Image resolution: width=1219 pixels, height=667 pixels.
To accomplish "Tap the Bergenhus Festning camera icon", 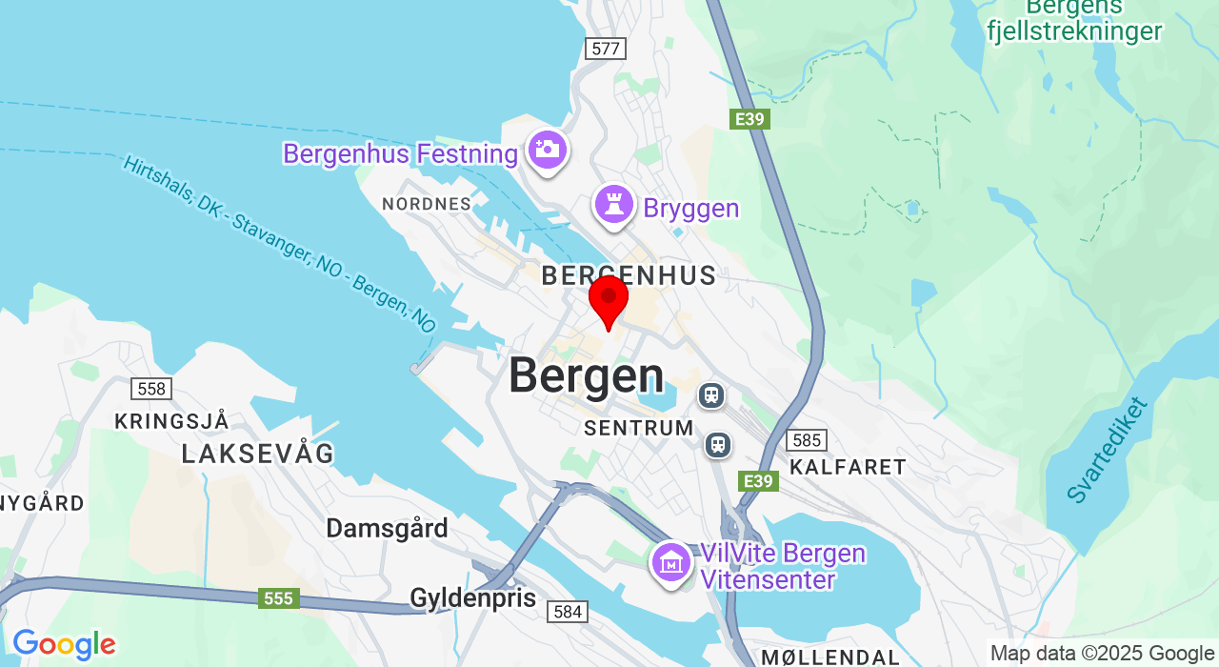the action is coord(548,150).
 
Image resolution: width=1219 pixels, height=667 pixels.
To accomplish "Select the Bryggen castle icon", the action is coord(614,205).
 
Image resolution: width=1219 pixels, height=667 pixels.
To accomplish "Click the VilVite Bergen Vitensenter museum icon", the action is coord(671,562).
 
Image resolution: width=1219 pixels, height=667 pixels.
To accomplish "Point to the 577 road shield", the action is coord(606,49).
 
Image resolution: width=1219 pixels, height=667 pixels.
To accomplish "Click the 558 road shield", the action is coord(151,388).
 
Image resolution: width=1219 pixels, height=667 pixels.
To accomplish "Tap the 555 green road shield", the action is coord(278,598).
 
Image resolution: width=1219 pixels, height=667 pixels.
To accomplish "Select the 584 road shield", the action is coord(568,612).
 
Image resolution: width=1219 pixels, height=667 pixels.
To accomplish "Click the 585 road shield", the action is coord(807,440).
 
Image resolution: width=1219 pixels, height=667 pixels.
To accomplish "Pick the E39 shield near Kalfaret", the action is coord(758,481).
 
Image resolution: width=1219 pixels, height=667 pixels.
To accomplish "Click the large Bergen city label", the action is coord(586,376).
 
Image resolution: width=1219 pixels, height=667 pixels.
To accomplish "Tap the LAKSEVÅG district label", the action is coord(258,455).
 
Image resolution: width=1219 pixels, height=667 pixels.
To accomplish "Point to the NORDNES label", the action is coord(427,204).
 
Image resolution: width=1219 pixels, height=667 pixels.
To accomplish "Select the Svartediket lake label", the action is coord(1108,450).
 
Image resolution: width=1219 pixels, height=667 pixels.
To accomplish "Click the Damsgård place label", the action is coord(387,528).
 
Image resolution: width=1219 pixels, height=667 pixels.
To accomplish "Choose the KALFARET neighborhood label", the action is coord(848,467).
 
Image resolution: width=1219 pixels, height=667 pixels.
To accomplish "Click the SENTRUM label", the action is coord(639,428).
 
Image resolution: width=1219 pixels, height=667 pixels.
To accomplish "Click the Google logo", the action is coord(64,645).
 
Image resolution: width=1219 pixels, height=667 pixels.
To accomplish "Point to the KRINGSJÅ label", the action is coord(171,421).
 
